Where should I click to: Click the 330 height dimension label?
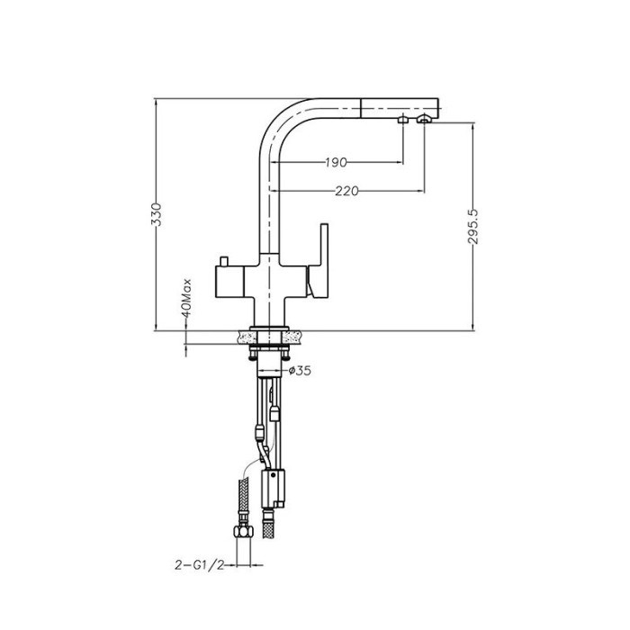click(x=157, y=214)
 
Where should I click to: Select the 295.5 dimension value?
click(x=473, y=226)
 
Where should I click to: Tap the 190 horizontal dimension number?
click(x=336, y=162)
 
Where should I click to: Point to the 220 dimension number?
click(x=346, y=191)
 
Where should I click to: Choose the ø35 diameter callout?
click(x=300, y=371)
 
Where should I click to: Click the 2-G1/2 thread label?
click(x=199, y=565)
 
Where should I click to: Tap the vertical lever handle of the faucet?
click(x=319, y=260)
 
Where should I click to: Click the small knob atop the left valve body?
click(x=224, y=261)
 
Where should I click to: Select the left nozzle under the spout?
click(x=402, y=120)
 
